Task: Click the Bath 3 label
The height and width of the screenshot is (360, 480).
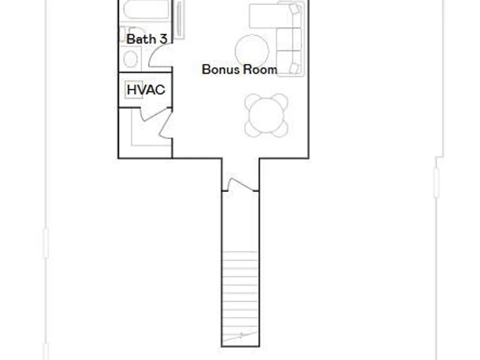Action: click(146, 39)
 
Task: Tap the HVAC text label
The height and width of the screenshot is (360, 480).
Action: click(146, 90)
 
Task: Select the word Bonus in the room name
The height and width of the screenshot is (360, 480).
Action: click(220, 70)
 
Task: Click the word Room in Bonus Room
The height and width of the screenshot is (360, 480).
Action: click(260, 70)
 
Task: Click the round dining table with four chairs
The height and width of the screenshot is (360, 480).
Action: click(266, 115)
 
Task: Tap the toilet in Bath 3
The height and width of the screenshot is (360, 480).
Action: click(131, 59)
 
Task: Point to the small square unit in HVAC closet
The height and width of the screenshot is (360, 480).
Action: click(134, 89)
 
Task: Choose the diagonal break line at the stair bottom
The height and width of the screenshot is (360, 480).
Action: click(240, 336)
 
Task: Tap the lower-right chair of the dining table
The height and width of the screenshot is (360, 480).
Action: click(281, 130)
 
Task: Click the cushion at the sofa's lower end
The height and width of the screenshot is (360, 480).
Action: click(294, 68)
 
